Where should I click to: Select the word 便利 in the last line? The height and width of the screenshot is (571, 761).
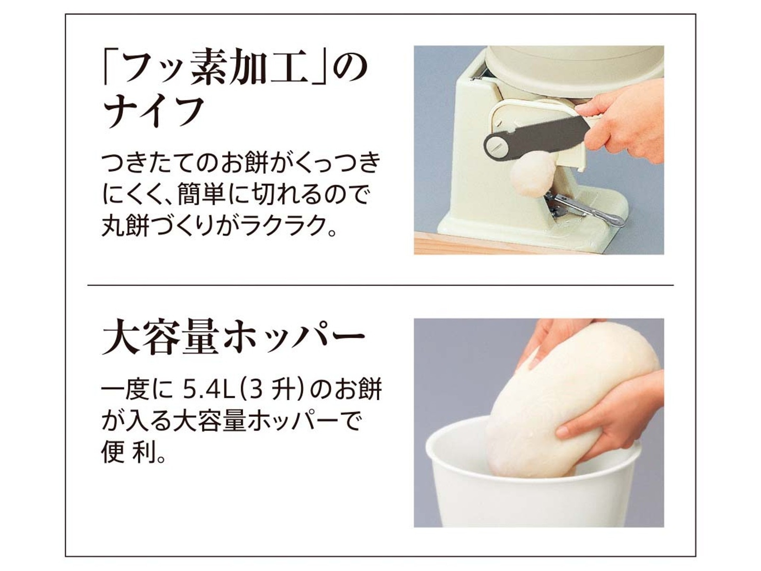(x=133, y=453)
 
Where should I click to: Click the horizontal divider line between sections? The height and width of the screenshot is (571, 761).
(x=380, y=285)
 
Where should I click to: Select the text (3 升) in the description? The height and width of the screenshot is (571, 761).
(x=272, y=391)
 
